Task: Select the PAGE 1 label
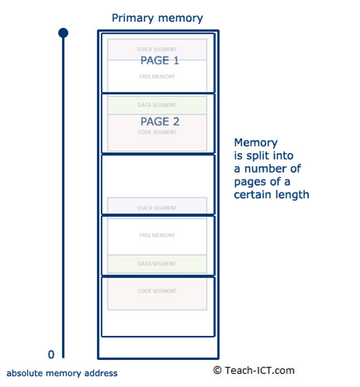point(159,61)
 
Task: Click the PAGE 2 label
point(159,122)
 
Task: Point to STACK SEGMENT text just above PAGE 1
point(157,49)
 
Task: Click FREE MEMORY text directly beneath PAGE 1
point(157,77)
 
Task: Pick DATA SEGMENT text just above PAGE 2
point(157,105)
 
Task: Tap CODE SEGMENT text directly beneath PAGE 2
point(157,133)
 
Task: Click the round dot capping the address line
point(63,32)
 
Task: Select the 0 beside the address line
point(51,354)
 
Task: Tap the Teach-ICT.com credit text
point(259,371)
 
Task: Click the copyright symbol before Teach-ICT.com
point(217,371)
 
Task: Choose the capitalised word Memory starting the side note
point(256,142)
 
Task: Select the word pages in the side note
point(249,181)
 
